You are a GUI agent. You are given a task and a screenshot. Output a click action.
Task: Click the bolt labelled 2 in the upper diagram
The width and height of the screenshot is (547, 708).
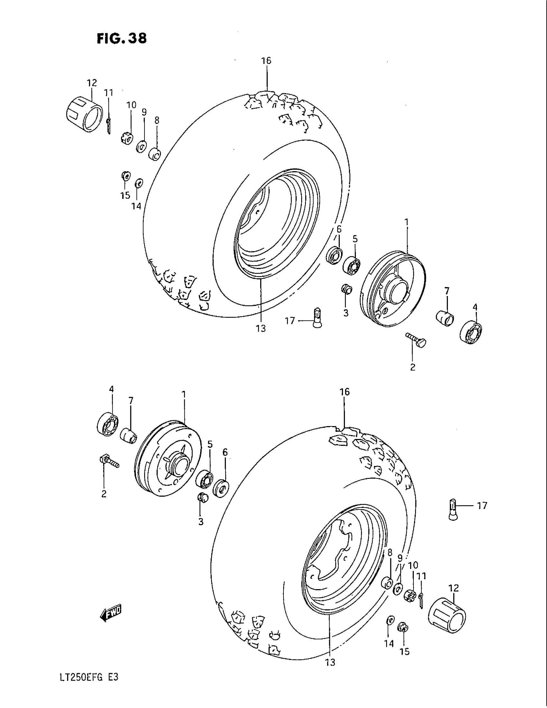(x=416, y=340)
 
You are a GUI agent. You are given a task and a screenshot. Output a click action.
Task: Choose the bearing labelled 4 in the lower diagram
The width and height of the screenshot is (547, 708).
(x=107, y=424)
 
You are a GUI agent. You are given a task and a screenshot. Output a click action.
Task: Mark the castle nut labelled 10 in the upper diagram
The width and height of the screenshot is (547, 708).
(x=128, y=138)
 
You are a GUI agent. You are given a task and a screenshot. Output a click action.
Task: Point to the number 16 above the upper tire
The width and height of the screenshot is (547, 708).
(x=266, y=61)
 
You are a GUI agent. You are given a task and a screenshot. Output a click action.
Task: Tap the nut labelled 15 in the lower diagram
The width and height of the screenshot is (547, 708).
(x=403, y=627)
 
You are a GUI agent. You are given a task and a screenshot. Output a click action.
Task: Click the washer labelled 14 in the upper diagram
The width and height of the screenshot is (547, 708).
(x=139, y=183)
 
